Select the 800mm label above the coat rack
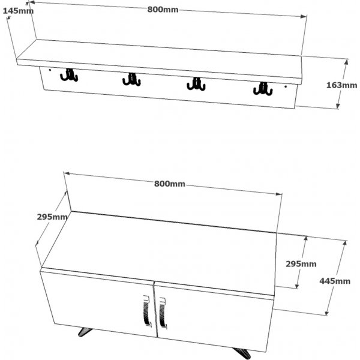tap(163, 9)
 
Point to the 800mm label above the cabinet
tap(170, 184)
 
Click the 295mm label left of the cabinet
tap(52, 217)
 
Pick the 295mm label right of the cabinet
tap(300, 264)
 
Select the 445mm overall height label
tap(335, 281)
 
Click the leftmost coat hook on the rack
tap(69, 76)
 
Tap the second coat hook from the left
tap(131, 79)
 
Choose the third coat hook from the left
tap(196, 84)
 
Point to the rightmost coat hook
tap(262, 89)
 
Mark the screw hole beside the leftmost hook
tap(50, 74)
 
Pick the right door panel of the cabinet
tap(213, 318)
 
